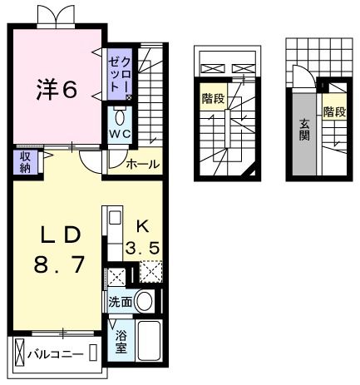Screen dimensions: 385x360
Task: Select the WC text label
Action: click(120, 133)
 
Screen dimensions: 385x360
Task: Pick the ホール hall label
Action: click(142, 165)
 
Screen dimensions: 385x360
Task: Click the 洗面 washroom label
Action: click(120, 302)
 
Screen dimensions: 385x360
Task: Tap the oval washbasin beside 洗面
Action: click(145, 302)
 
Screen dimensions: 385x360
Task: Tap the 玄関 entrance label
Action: click(305, 130)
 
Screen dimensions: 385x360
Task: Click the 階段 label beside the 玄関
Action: click(334, 111)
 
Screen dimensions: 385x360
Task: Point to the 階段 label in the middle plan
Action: click(213, 98)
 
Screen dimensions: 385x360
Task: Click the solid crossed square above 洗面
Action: click(117, 276)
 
